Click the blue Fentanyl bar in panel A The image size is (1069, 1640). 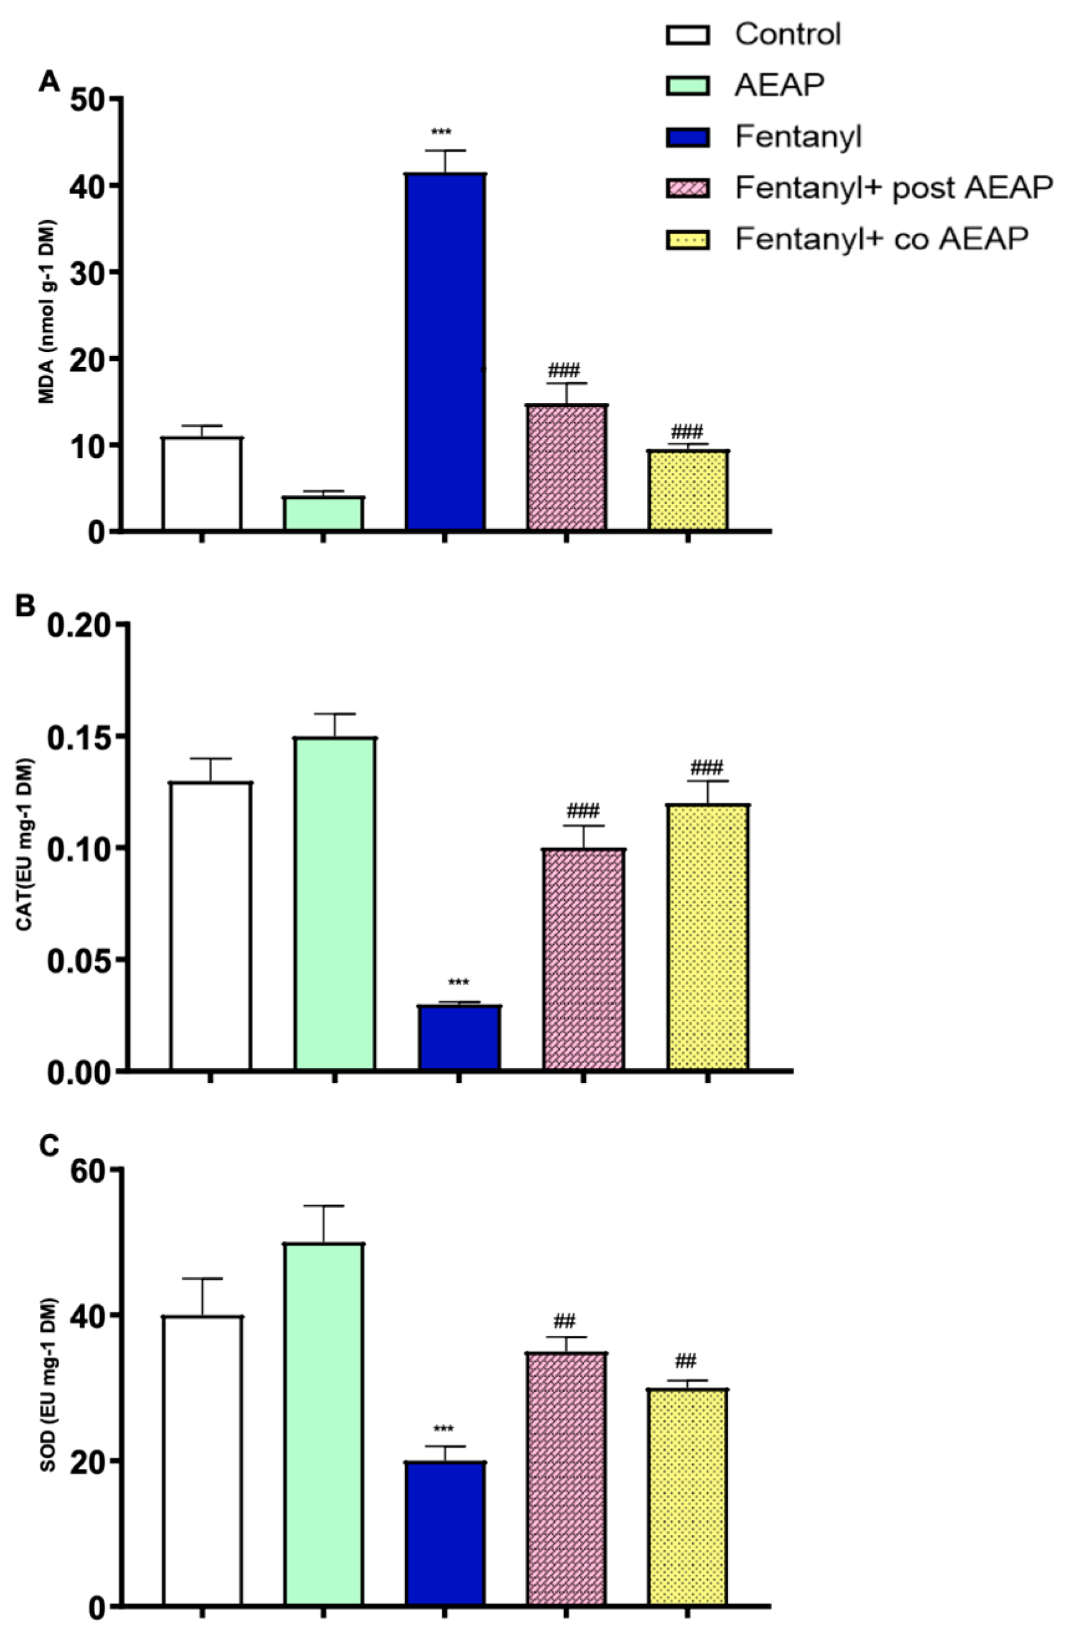click(x=445, y=352)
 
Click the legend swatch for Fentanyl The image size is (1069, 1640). click(x=687, y=137)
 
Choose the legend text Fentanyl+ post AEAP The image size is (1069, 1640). click(x=894, y=187)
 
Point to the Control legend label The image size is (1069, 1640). click(x=787, y=34)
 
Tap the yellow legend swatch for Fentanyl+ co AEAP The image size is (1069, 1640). click(x=687, y=240)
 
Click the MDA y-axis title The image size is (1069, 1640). click(x=49, y=312)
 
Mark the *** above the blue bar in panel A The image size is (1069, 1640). click(x=442, y=132)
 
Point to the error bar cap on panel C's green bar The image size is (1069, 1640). click(x=324, y=1206)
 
